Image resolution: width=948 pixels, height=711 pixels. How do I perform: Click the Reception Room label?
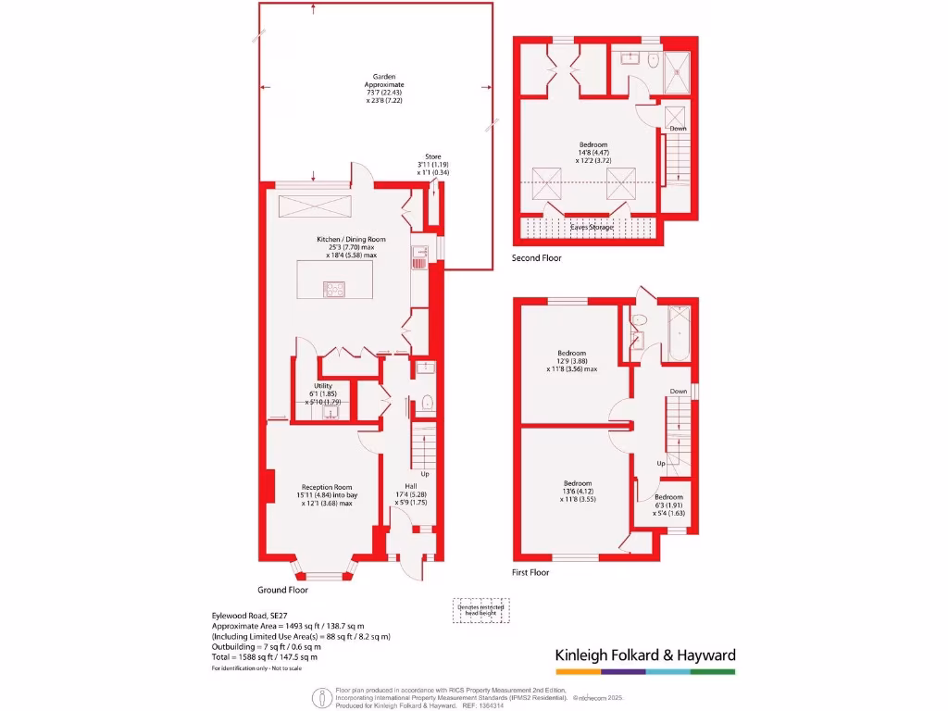pyautogui.click(x=327, y=495)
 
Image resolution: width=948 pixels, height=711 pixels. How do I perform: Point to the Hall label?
pyautogui.click(x=411, y=494)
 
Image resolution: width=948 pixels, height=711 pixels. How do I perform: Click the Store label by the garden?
pyautogui.click(x=433, y=164)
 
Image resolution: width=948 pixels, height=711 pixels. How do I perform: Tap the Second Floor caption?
pyautogui.click(x=536, y=258)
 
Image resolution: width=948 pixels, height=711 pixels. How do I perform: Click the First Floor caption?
pyautogui.click(x=530, y=573)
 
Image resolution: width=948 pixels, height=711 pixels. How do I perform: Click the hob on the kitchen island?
pyautogui.click(x=333, y=289)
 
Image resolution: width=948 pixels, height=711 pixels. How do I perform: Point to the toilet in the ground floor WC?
pyautogui.click(x=426, y=403)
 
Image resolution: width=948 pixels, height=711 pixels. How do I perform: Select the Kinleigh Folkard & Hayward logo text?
pyautogui.click(x=644, y=655)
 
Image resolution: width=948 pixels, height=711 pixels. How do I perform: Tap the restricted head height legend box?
pyautogui.click(x=480, y=609)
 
